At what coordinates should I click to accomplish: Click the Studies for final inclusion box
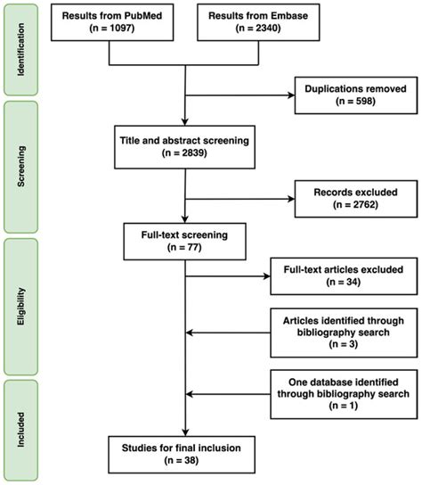[183, 451]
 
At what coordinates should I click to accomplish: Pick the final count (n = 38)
[183, 459]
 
